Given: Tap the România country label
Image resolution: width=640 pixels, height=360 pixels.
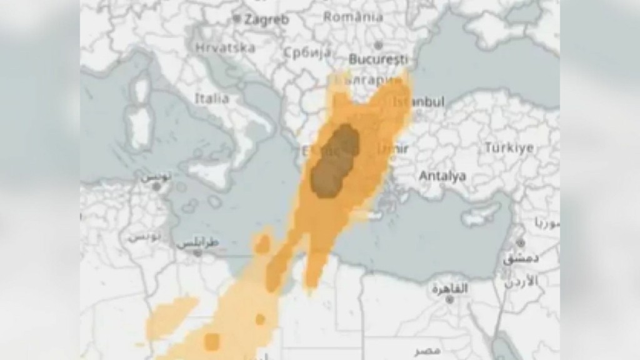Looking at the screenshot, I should [353, 17].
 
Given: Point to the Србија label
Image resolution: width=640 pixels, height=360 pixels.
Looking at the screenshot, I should [307, 52].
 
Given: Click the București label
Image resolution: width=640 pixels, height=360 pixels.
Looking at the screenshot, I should [378, 60].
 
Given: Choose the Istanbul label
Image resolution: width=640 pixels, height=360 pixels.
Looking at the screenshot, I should [418, 101].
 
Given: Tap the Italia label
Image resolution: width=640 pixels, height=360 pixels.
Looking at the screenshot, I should [212, 98].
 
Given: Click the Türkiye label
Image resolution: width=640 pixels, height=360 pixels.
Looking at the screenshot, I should [509, 148].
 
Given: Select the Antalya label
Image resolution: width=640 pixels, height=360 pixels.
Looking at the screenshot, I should [442, 176].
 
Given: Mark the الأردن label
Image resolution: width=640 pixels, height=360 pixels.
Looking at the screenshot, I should [520, 281].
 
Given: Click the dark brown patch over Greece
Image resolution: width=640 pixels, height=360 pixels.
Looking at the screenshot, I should [336, 161].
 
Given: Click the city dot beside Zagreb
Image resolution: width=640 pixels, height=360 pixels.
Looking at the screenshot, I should [237, 19].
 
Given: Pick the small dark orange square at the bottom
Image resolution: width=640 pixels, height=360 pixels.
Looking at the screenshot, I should [212, 342].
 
